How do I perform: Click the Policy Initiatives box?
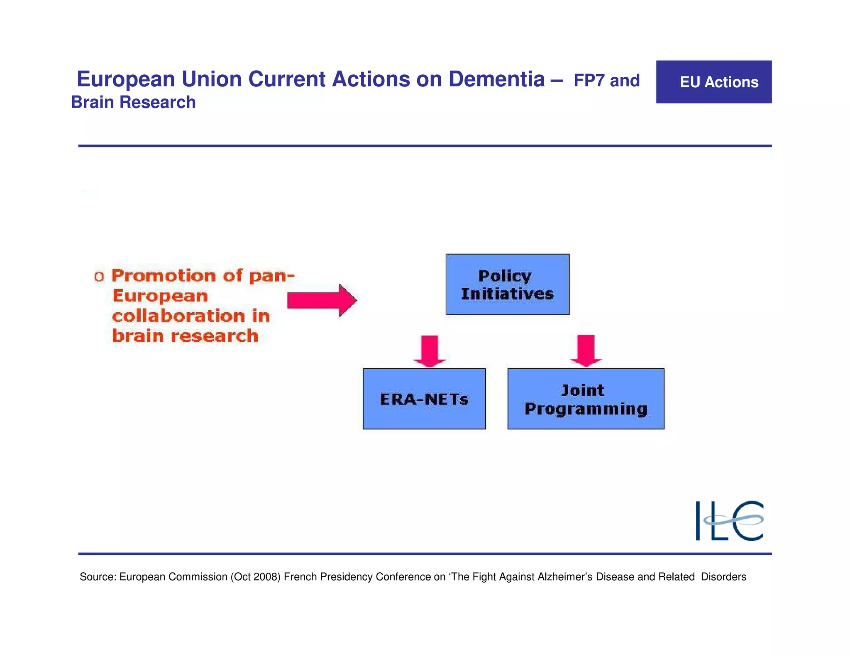[x=507, y=284]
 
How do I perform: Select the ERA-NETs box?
[x=424, y=399]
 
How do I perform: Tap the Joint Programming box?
[x=586, y=399]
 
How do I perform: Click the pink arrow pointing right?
[x=322, y=300]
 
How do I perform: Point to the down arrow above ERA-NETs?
[x=430, y=351]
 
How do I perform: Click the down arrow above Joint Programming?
[x=586, y=351]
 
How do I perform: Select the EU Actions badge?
[x=713, y=82]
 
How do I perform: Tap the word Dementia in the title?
[x=496, y=79]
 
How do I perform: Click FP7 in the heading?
[x=589, y=81]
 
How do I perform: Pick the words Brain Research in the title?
[x=133, y=102]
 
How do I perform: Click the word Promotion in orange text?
[x=164, y=276]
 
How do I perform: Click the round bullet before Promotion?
[x=99, y=277]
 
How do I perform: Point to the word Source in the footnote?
[x=98, y=577]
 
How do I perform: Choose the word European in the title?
[x=126, y=79]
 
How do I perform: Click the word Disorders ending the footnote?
[x=723, y=577]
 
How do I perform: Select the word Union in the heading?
[x=212, y=79]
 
